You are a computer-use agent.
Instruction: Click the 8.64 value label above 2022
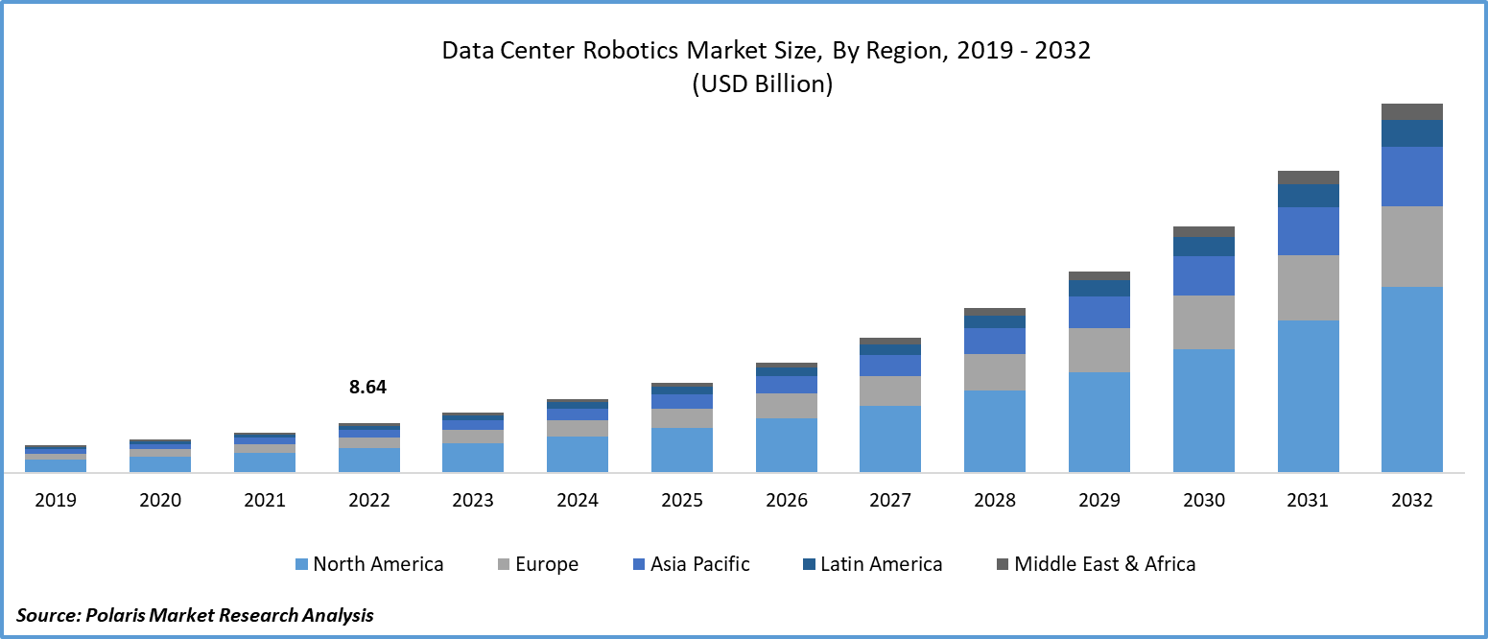pyautogui.click(x=368, y=388)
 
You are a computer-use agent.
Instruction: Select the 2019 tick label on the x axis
pyautogui.click(x=55, y=500)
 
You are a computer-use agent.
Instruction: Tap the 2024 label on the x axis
pyautogui.click(x=577, y=500)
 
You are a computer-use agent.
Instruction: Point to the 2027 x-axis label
pyautogui.click(x=889, y=500)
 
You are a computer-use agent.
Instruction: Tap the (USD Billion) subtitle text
pyautogui.click(x=762, y=84)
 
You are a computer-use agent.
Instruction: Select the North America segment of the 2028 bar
pyautogui.click(x=994, y=431)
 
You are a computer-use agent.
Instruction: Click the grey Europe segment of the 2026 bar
pyautogui.click(x=786, y=406)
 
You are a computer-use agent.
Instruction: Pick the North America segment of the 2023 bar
pyautogui.click(x=473, y=457)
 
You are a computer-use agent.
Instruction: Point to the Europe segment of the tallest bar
pyautogui.click(x=1411, y=247)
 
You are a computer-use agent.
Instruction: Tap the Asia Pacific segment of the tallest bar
pyautogui.click(x=1411, y=177)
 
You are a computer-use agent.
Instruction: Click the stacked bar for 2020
pyautogui.click(x=159, y=457)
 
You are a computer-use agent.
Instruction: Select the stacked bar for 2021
pyautogui.click(x=264, y=453)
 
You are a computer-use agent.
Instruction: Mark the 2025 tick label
pyautogui.click(x=681, y=500)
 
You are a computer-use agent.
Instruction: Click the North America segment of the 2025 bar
pyautogui.click(x=681, y=449)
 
